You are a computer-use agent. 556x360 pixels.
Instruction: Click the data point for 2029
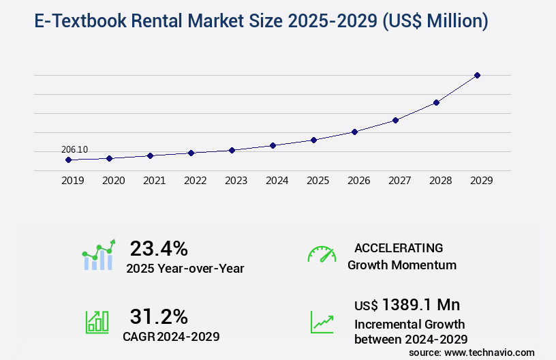click(477, 75)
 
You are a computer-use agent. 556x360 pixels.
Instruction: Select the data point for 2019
click(68, 160)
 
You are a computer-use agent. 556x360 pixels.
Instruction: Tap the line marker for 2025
click(313, 140)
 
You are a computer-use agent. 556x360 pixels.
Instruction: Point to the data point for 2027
click(395, 120)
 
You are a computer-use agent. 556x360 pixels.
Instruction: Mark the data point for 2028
click(436, 102)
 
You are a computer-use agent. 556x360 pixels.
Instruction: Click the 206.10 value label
click(74, 150)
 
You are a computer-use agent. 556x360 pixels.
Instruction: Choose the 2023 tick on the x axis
click(236, 181)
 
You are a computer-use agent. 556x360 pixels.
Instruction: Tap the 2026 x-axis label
click(358, 181)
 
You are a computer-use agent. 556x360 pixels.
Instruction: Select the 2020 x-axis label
click(113, 181)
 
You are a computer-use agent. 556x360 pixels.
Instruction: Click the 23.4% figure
click(158, 248)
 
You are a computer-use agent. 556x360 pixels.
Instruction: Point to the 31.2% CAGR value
click(158, 316)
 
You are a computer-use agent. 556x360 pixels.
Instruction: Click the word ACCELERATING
click(399, 247)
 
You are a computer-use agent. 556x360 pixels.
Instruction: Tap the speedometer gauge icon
click(322, 254)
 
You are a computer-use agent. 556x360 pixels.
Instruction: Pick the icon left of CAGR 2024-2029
click(97, 322)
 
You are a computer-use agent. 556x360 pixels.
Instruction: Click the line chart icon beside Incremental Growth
click(322, 322)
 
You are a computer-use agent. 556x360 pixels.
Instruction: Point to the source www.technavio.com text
click(472, 352)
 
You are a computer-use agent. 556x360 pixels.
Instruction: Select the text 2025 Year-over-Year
click(185, 269)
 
